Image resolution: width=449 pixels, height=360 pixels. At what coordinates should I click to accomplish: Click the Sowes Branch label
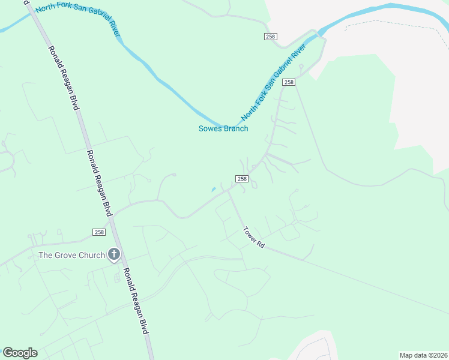223,128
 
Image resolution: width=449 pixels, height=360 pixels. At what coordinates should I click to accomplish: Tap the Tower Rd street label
254,237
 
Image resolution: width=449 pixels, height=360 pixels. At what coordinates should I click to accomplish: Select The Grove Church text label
72,255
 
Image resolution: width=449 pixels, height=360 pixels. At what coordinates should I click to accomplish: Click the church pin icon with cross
114,255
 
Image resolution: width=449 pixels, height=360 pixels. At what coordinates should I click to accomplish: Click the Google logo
20,353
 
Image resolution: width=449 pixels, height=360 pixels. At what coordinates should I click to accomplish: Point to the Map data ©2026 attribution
423,355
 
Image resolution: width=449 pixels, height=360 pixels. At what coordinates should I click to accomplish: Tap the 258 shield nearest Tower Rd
241,179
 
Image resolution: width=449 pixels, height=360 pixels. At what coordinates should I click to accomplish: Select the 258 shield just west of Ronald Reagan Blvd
99,232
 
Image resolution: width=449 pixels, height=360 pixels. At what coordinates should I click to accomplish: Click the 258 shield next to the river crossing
289,82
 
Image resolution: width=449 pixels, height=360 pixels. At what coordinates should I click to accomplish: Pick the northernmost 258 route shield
270,37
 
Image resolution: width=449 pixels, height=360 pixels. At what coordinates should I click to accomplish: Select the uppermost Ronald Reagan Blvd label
64,78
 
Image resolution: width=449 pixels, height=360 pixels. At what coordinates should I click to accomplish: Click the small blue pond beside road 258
214,190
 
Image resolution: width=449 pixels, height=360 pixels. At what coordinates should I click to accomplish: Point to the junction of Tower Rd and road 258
229,193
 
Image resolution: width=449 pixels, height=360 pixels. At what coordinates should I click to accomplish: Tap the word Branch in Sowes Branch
236,128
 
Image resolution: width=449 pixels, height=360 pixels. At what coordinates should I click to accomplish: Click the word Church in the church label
91,255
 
